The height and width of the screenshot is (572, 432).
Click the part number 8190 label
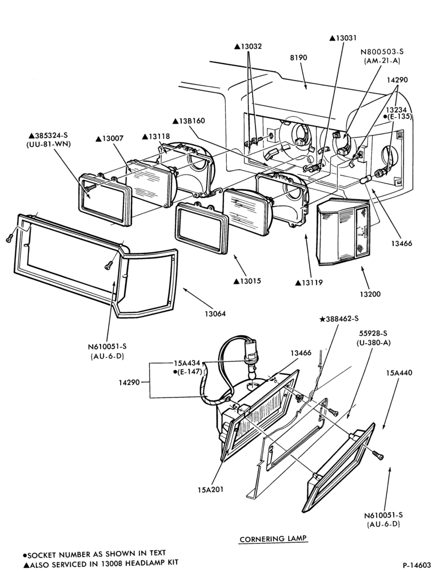pyautogui.click(x=298, y=57)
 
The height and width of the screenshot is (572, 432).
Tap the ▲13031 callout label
pyautogui.click(x=343, y=38)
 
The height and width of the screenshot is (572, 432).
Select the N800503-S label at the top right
pyautogui.click(x=382, y=52)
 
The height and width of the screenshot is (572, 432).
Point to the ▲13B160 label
pyautogui.click(x=189, y=121)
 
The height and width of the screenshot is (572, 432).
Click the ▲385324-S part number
pyautogui.click(x=48, y=134)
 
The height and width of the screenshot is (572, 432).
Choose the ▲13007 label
pyautogui.click(x=109, y=138)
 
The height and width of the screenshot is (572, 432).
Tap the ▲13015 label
pyautogui.click(x=247, y=281)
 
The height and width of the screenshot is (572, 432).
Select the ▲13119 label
pyautogui.click(x=309, y=283)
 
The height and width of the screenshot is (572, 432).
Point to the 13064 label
pyautogui.click(x=215, y=313)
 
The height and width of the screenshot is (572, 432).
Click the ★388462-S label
pyautogui.click(x=339, y=319)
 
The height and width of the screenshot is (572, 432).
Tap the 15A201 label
pyautogui.click(x=211, y=490)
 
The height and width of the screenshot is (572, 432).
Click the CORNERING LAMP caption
pyautogui.click(x=273, y=538)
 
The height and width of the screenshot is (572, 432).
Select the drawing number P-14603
pyautogui.click(x=417, y=565)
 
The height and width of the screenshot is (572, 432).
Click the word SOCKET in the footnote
pyautogui.click(x=41, y=554)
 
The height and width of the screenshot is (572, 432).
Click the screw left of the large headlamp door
pyautogui.click(x=10, y=239)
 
